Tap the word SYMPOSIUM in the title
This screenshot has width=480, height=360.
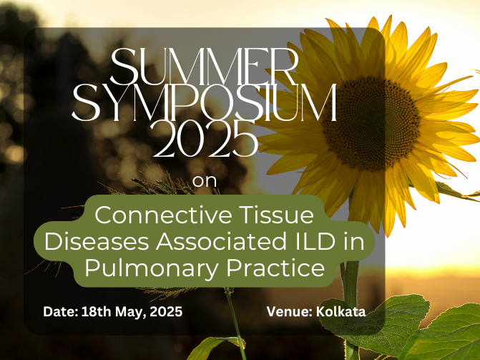[205, 102]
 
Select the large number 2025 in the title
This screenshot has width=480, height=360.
[205, 139]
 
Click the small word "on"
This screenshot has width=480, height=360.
[205, 181]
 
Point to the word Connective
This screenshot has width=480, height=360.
[163, 215]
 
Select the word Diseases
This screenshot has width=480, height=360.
[97, 241]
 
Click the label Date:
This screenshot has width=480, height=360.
[61, 312]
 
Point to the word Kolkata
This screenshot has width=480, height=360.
[341, 312]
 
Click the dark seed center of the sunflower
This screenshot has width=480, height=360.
[372, 124]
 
